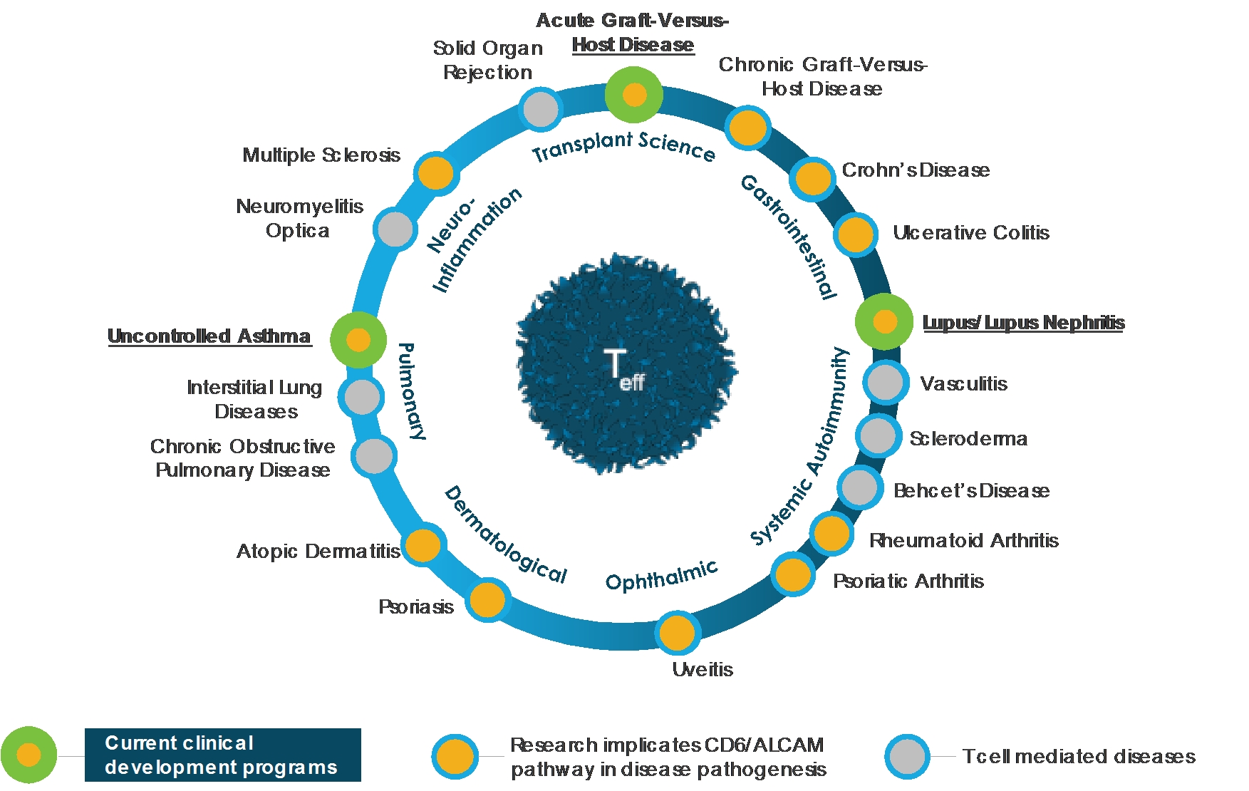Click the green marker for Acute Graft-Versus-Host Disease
click(633, 94)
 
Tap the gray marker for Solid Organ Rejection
click(540, 109)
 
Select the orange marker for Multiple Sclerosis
click(435, 173)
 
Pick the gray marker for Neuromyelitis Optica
click(395, 229)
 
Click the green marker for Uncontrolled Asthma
click(358, 340)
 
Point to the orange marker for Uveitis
click(677, 632)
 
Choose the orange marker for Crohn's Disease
click(812, 178)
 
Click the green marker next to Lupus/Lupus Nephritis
click(884, 321)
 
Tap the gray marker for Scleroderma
click(878, 435)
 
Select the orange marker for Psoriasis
click(487, 599)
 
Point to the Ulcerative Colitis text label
click(970, 233)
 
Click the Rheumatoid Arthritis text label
click(963, 540)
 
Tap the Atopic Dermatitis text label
click(318, 551)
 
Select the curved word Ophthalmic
click(661, 577)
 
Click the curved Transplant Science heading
click(623, 146)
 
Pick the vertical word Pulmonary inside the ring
click(411, 391)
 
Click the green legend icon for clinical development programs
click(28, 755)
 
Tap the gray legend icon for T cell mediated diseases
click(907, 756)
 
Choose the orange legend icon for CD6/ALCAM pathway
click(455, 756)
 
